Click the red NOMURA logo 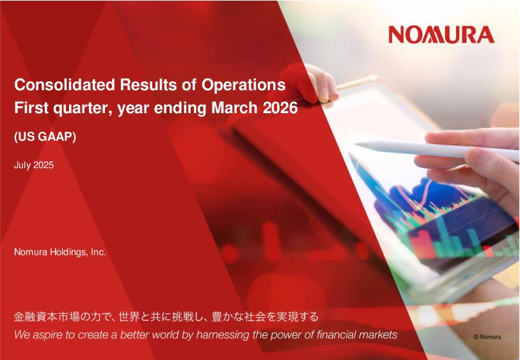click(441, 35)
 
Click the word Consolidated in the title click(65, 84)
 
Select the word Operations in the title click(244, 85)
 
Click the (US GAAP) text click(45, 137)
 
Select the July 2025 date click(34, 165)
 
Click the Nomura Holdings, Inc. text click(60, 253)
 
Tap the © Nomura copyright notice click(487, 337)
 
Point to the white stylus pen click(436, 150)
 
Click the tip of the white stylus click(355, 145)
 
